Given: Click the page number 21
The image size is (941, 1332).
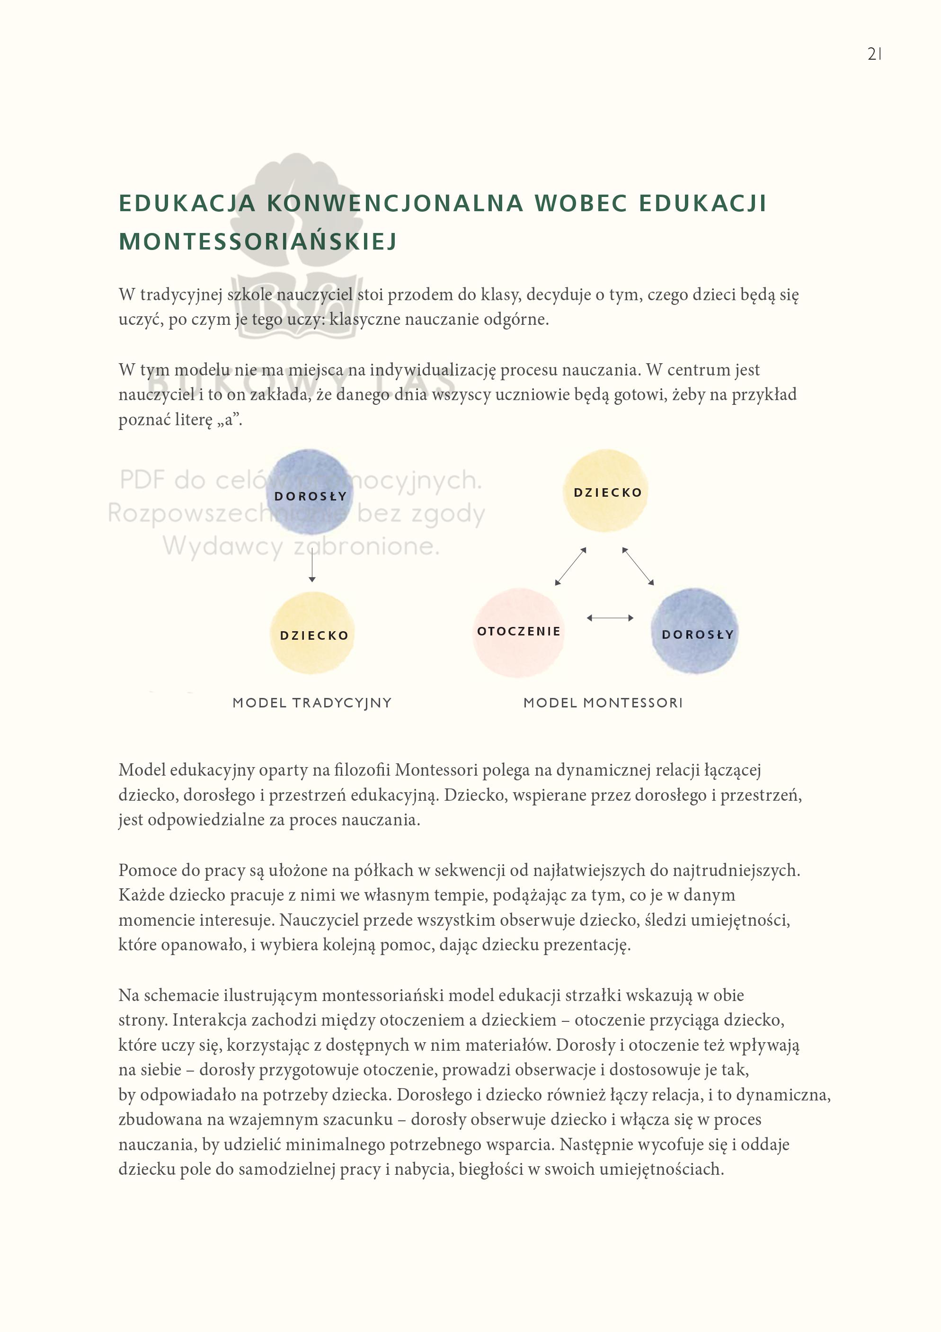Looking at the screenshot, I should coord(874,54).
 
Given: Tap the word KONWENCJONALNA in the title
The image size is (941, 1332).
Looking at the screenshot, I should coord(395,203).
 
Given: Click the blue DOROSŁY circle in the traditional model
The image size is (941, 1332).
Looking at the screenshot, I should coord(310,492).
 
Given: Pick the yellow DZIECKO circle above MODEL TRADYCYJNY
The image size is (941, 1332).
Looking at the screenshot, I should coord(313,634).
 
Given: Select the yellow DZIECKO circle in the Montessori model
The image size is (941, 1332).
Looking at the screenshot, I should coord(606,491).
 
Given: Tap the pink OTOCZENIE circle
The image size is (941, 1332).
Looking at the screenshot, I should coord(518,632).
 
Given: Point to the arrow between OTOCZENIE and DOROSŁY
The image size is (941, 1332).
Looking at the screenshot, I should coord(610,618).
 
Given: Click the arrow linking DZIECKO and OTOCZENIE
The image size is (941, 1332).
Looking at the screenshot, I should coord(570,566).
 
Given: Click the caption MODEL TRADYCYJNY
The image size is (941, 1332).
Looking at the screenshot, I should coord(312,703).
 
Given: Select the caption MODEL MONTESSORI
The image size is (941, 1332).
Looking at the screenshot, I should coord(603,703).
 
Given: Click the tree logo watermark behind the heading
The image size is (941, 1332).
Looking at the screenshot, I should coord(297,244).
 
